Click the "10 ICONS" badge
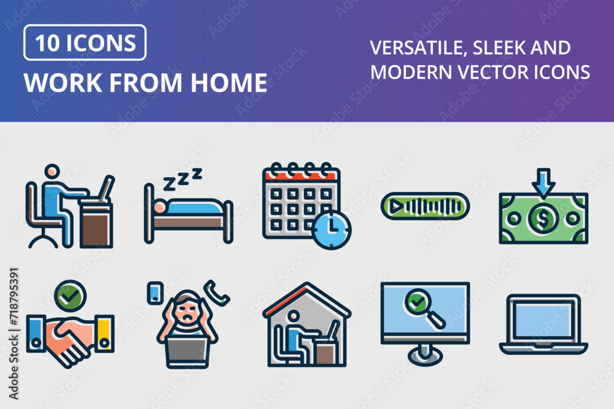(85, 43)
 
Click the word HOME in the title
(228, 83)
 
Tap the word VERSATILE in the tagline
(418, 48)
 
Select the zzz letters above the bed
(182, 178)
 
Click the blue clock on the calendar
(332, 231)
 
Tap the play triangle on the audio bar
(396, 206)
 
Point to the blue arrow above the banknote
(543, 182)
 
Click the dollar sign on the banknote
(543, 218)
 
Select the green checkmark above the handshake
(70, 296)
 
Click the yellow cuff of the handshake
(104, 334)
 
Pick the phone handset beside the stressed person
(216, 293)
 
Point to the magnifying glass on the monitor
(424, 308)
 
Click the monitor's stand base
(426, 355)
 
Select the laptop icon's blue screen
(543, 320)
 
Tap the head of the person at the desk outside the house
(52, 172)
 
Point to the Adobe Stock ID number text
(14, 296)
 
